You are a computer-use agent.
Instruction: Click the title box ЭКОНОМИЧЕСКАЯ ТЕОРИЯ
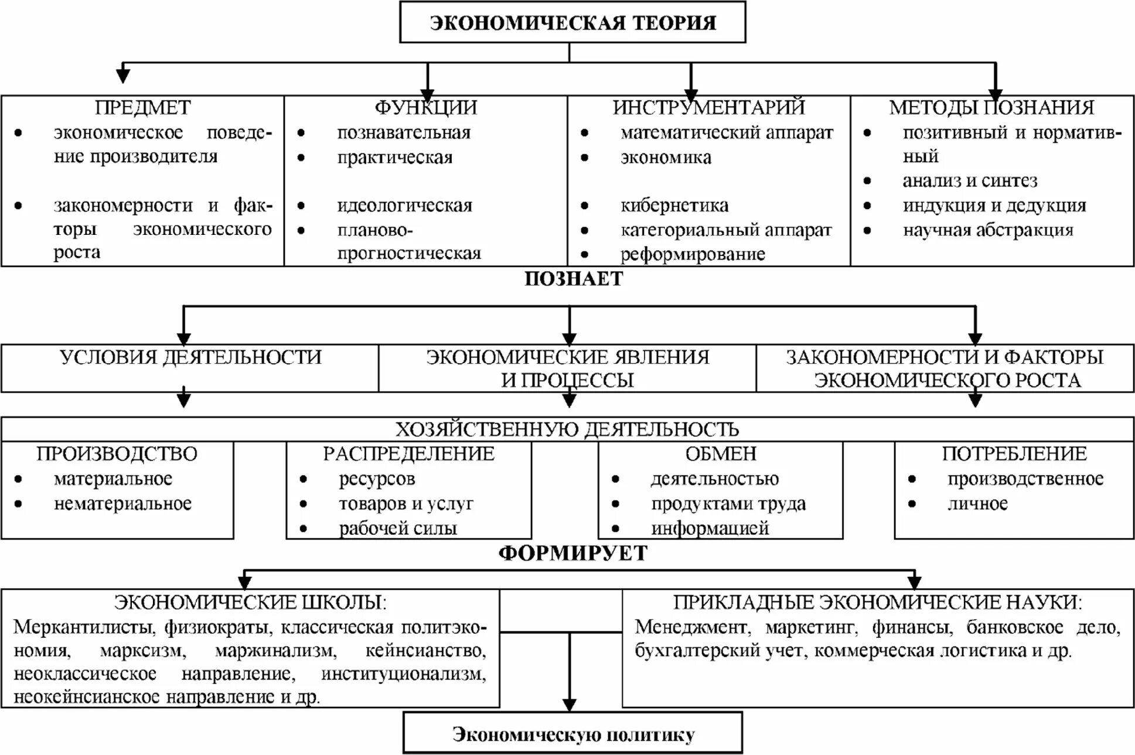pos(572,22)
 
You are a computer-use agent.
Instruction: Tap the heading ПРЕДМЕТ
pos(142,107)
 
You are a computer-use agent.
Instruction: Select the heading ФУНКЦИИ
pos(425,107)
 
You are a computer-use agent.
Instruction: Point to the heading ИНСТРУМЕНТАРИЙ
pos(708,107)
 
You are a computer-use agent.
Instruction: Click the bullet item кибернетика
pos(674,206)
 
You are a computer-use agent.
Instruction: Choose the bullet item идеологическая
pos(404,206)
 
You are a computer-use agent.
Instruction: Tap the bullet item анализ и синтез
pos(969,181)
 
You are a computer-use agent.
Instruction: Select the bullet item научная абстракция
pos(987,230)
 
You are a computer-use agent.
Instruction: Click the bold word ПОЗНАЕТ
pos(573,279)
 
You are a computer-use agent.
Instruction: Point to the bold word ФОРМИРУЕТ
pos(572,553)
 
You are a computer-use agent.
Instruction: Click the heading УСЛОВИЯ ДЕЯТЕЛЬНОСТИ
pos(190,357)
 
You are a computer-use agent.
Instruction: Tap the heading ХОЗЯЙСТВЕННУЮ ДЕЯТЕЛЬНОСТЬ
pos(567,429)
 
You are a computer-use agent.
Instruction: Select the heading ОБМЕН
pos(720,454)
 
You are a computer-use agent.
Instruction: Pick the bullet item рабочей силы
pos(397,528)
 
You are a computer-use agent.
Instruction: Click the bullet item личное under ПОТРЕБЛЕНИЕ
pos(977,504)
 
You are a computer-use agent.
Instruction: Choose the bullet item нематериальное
pos(122,504)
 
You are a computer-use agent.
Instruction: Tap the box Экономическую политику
pos(572,734)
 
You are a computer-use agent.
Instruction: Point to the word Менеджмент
pos(692,627)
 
